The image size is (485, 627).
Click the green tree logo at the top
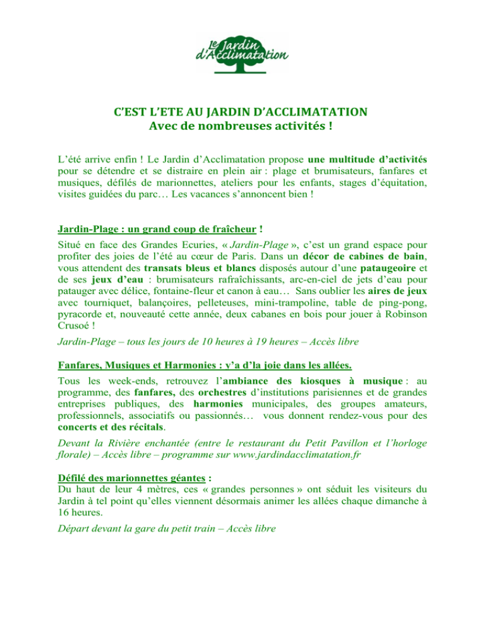[x=242, y=52]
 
